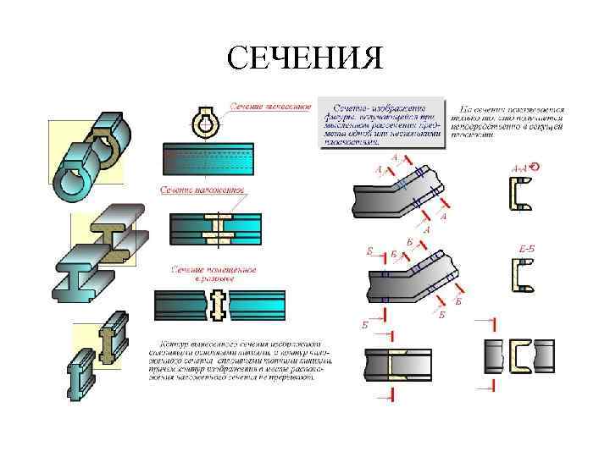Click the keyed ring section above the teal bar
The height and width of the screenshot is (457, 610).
click(205, 124)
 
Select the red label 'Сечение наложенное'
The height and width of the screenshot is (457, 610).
click(202, 190)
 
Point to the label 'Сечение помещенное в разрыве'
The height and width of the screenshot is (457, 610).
click(213, 273)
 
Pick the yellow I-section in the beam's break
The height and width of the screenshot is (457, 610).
click(219, 305)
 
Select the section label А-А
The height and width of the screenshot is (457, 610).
click(519, 168)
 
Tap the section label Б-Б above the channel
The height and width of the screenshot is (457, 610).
click(525, 247)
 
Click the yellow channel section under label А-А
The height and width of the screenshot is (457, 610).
click(520, 195)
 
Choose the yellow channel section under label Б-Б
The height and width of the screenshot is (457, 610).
click(522, 277)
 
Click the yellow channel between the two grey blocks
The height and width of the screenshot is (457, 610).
click(518, 356)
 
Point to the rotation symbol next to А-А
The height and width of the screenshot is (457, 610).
click(535, 167)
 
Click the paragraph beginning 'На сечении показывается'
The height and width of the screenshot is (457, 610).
click(506, 120)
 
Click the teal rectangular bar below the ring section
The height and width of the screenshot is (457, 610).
click(208, 158)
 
